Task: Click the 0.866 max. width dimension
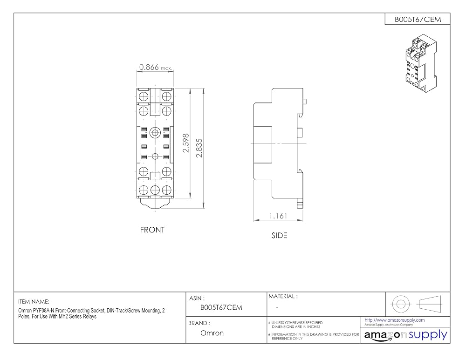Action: (156, 68)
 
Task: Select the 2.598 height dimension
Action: (186, 143)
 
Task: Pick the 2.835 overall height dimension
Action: (199, 148)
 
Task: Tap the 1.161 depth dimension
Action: (278, 216)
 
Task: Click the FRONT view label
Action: (152, 230)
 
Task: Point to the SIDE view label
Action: (279, 236)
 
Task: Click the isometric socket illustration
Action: (421, 62)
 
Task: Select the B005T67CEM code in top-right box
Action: (418, 20)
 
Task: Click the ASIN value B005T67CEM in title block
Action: (221, 307)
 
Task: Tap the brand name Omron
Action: (212, 333)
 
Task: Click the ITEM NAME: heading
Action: (34, 302)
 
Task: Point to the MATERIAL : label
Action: (283, 296)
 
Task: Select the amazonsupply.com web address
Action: (395, 320)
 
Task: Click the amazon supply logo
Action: (406, 335)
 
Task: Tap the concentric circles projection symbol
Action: (401, 304)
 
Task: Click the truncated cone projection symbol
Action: (430, 304)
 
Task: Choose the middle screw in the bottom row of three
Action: (155, 189)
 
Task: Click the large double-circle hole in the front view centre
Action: (155, 132)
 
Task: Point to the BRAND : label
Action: (199, 323)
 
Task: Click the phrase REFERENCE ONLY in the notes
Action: (287, 338)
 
